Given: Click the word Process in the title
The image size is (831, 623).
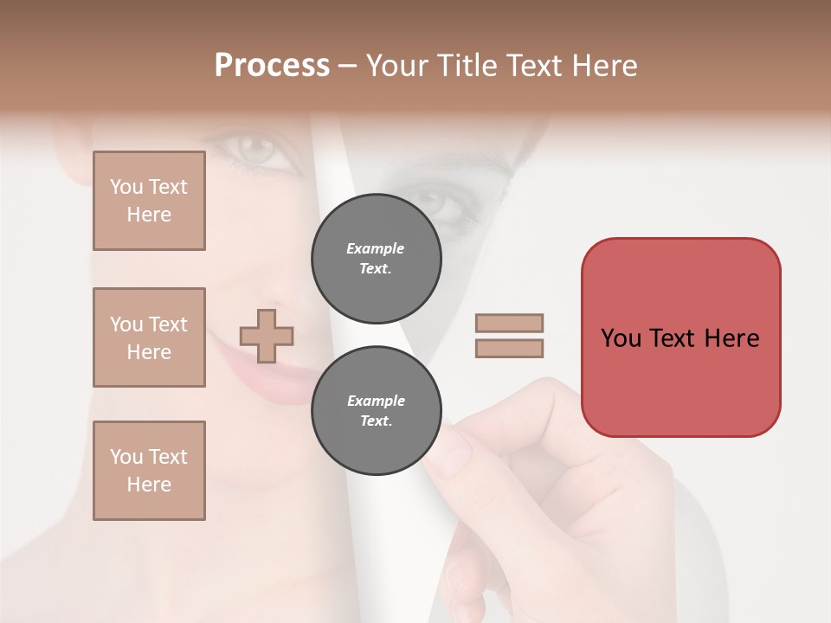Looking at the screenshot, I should (x=272, y=66).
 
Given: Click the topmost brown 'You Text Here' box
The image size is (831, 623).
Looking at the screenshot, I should (x=149, y=201).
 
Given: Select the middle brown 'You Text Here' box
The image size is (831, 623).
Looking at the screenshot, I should (x=149, y=337).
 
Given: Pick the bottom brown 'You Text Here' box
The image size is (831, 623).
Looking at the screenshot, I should (x=149, y=471).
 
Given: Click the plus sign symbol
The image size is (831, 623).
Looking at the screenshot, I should (x=267, y=336).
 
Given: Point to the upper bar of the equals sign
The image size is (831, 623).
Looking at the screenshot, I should (x=509, y=323).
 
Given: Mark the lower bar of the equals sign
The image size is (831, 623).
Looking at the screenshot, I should (x=509, y=349).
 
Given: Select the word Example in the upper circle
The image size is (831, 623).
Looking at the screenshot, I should (x=376, y=248).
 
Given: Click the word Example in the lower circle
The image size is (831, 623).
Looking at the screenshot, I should (x=376, y=401).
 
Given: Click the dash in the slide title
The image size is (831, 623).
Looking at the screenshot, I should (x=347, y=66).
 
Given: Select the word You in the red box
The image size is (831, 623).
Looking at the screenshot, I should (x=622, y=338).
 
